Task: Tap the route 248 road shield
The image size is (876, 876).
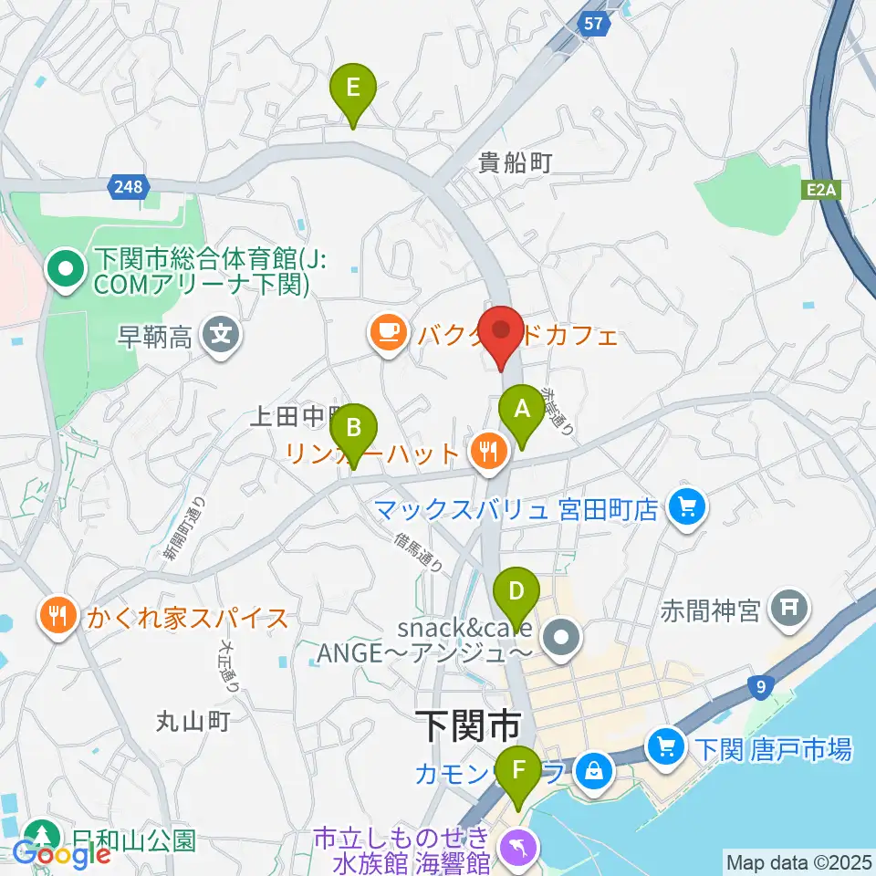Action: click(x=129, y=187)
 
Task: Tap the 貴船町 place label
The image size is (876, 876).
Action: click(x=516, y=163)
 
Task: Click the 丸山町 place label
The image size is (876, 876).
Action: click(x=192, y=722)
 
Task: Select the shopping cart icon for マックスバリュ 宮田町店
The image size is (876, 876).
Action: click(x=686, y=507)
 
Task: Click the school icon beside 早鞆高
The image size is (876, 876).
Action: click(x=220, y=338)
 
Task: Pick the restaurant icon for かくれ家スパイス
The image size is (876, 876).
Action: click(x=60, y=618)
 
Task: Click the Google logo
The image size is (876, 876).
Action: click(x=62, y=853)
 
